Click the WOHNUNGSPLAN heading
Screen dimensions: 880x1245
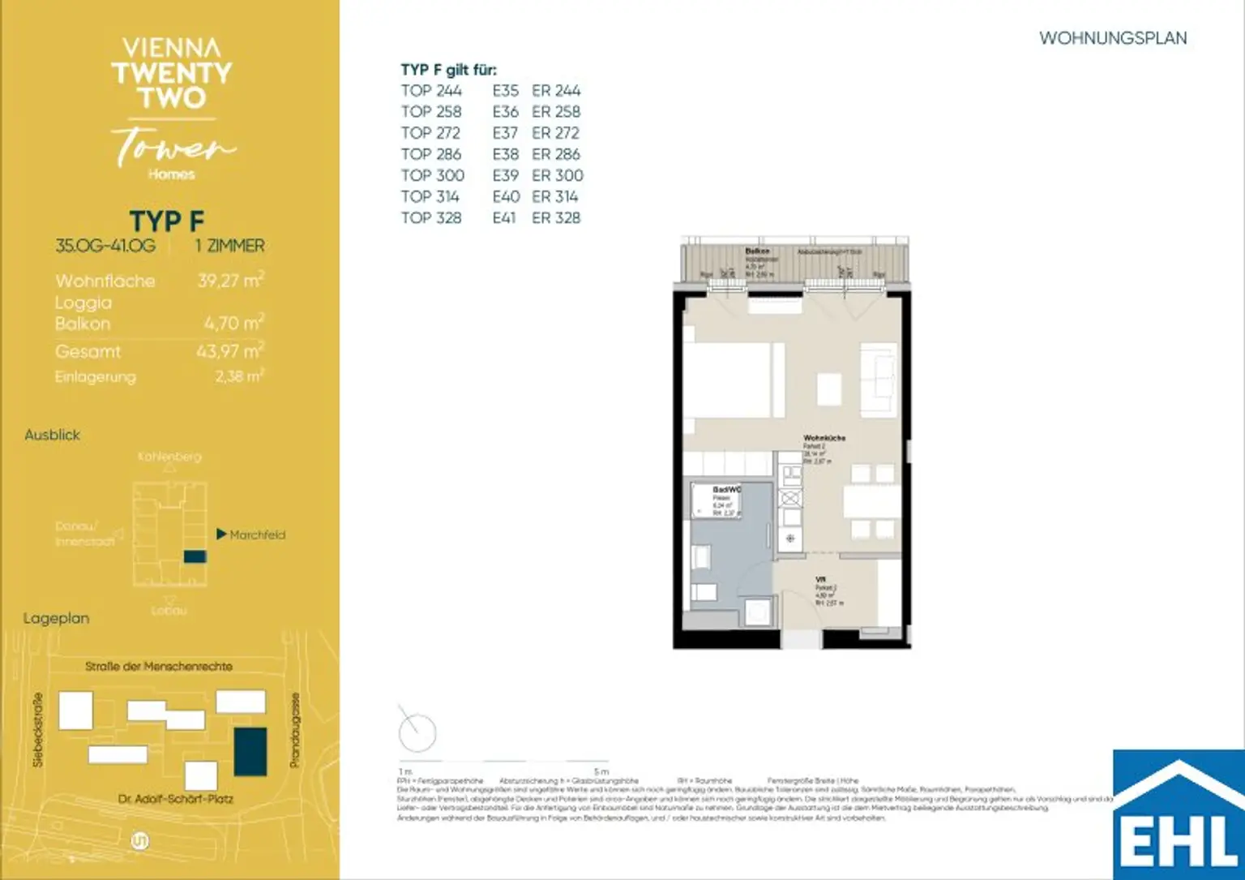[1112, 38]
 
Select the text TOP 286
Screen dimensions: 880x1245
[430, 154]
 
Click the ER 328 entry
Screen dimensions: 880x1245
[556, 217]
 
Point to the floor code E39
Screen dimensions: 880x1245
[505, 175]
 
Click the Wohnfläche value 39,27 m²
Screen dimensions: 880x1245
[230, 281]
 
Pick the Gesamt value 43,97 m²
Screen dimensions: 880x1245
[229, 351]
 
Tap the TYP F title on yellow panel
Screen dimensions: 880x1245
[167, 221]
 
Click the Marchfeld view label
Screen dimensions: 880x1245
[257, 534]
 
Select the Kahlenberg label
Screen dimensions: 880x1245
[169, 457]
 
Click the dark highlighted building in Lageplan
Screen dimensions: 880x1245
[250, 751]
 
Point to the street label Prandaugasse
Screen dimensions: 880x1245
[295, 730]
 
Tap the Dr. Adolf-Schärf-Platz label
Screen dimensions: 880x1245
[175, 799]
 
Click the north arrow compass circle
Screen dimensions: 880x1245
[417, 732]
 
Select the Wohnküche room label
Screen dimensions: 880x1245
[824, 438]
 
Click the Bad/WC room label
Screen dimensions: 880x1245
[726, 490]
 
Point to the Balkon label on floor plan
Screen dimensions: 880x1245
[757, 251]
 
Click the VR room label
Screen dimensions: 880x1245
[820, 580]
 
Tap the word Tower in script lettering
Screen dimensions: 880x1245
[173, 147]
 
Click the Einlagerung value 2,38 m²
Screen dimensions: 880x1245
[239, 376]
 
